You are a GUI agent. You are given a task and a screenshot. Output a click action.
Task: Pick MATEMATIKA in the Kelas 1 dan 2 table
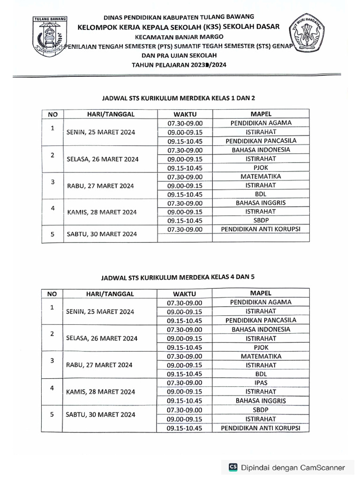[x=261, y=177]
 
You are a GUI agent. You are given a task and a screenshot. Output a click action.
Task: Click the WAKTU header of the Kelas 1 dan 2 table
[x=185, y=114]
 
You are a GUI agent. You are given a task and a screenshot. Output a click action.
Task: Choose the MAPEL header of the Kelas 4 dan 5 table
[x=261, y=293]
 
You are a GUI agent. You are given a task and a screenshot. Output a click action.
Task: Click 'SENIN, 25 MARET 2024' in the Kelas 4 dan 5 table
[x=100, y=312]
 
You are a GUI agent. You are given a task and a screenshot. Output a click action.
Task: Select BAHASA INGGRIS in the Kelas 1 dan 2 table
[x=261, y=203]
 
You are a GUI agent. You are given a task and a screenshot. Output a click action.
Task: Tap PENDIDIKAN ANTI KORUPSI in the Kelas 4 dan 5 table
[x=261, y=428]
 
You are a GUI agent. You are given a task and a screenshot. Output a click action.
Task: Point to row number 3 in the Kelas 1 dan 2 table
[x=53, y=181]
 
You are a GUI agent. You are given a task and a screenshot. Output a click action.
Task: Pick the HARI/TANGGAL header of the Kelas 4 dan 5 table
[x=110, y=294]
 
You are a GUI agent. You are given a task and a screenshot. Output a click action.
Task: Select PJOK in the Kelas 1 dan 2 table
[x=261, y=167]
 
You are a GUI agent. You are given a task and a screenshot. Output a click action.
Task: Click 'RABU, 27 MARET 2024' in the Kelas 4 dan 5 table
[x=99, y=365]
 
